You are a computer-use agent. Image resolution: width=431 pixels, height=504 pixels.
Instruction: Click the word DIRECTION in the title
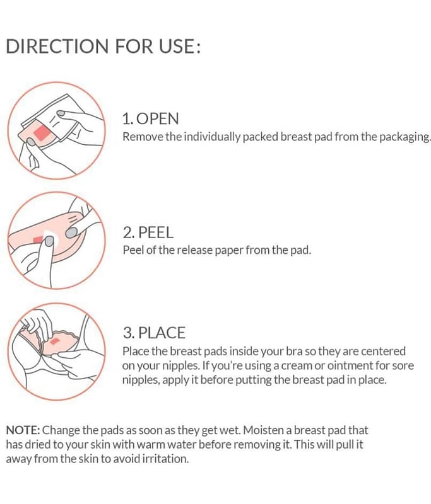(x=57, y=46)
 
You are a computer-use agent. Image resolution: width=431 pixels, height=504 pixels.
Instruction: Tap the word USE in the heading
(x=177, y=46)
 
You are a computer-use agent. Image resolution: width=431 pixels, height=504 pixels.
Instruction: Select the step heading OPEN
(x=157, y=118)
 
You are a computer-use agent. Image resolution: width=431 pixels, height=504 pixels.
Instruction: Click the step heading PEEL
(x=156, y=232)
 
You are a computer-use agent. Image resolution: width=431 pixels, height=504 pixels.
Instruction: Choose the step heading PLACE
(x=162, y=333)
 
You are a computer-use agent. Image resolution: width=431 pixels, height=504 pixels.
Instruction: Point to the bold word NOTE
(x=23, y=430)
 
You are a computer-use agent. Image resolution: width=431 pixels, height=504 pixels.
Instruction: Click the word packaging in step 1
(x=404, y=137)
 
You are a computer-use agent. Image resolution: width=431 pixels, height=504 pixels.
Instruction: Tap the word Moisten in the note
(x=263, y=430)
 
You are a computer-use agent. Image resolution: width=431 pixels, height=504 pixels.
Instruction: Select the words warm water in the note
(x=167, y=445)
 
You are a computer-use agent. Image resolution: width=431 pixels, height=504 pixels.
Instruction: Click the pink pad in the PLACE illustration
(x=61, y=344)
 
